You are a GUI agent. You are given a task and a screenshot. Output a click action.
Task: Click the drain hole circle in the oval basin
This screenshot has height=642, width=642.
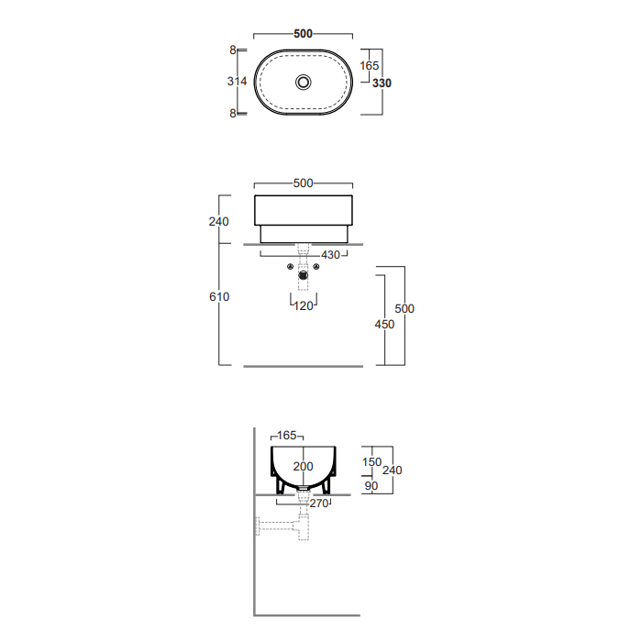click(304, 83)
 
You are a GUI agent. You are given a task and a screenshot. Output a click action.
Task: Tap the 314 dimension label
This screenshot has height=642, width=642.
click(237, 82)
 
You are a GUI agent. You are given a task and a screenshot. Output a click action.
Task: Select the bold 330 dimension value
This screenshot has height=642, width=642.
click(382, 83)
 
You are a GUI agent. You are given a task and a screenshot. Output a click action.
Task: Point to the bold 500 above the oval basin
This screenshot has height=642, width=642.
click(303, 34)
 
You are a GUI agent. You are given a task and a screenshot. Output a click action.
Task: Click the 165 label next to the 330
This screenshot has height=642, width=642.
click(370, 65)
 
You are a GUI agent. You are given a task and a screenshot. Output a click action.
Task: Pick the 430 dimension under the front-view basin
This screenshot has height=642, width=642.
click(331, 255)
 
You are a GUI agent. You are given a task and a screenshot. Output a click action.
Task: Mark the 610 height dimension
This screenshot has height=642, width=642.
click(219, 297)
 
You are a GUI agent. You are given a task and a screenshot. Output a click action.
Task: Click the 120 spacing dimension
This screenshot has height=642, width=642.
click(304, 305)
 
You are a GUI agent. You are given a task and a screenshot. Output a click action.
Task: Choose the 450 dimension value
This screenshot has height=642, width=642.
click(384, 325)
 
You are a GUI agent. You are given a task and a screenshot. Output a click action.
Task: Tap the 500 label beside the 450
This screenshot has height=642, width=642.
click(404, 309)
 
